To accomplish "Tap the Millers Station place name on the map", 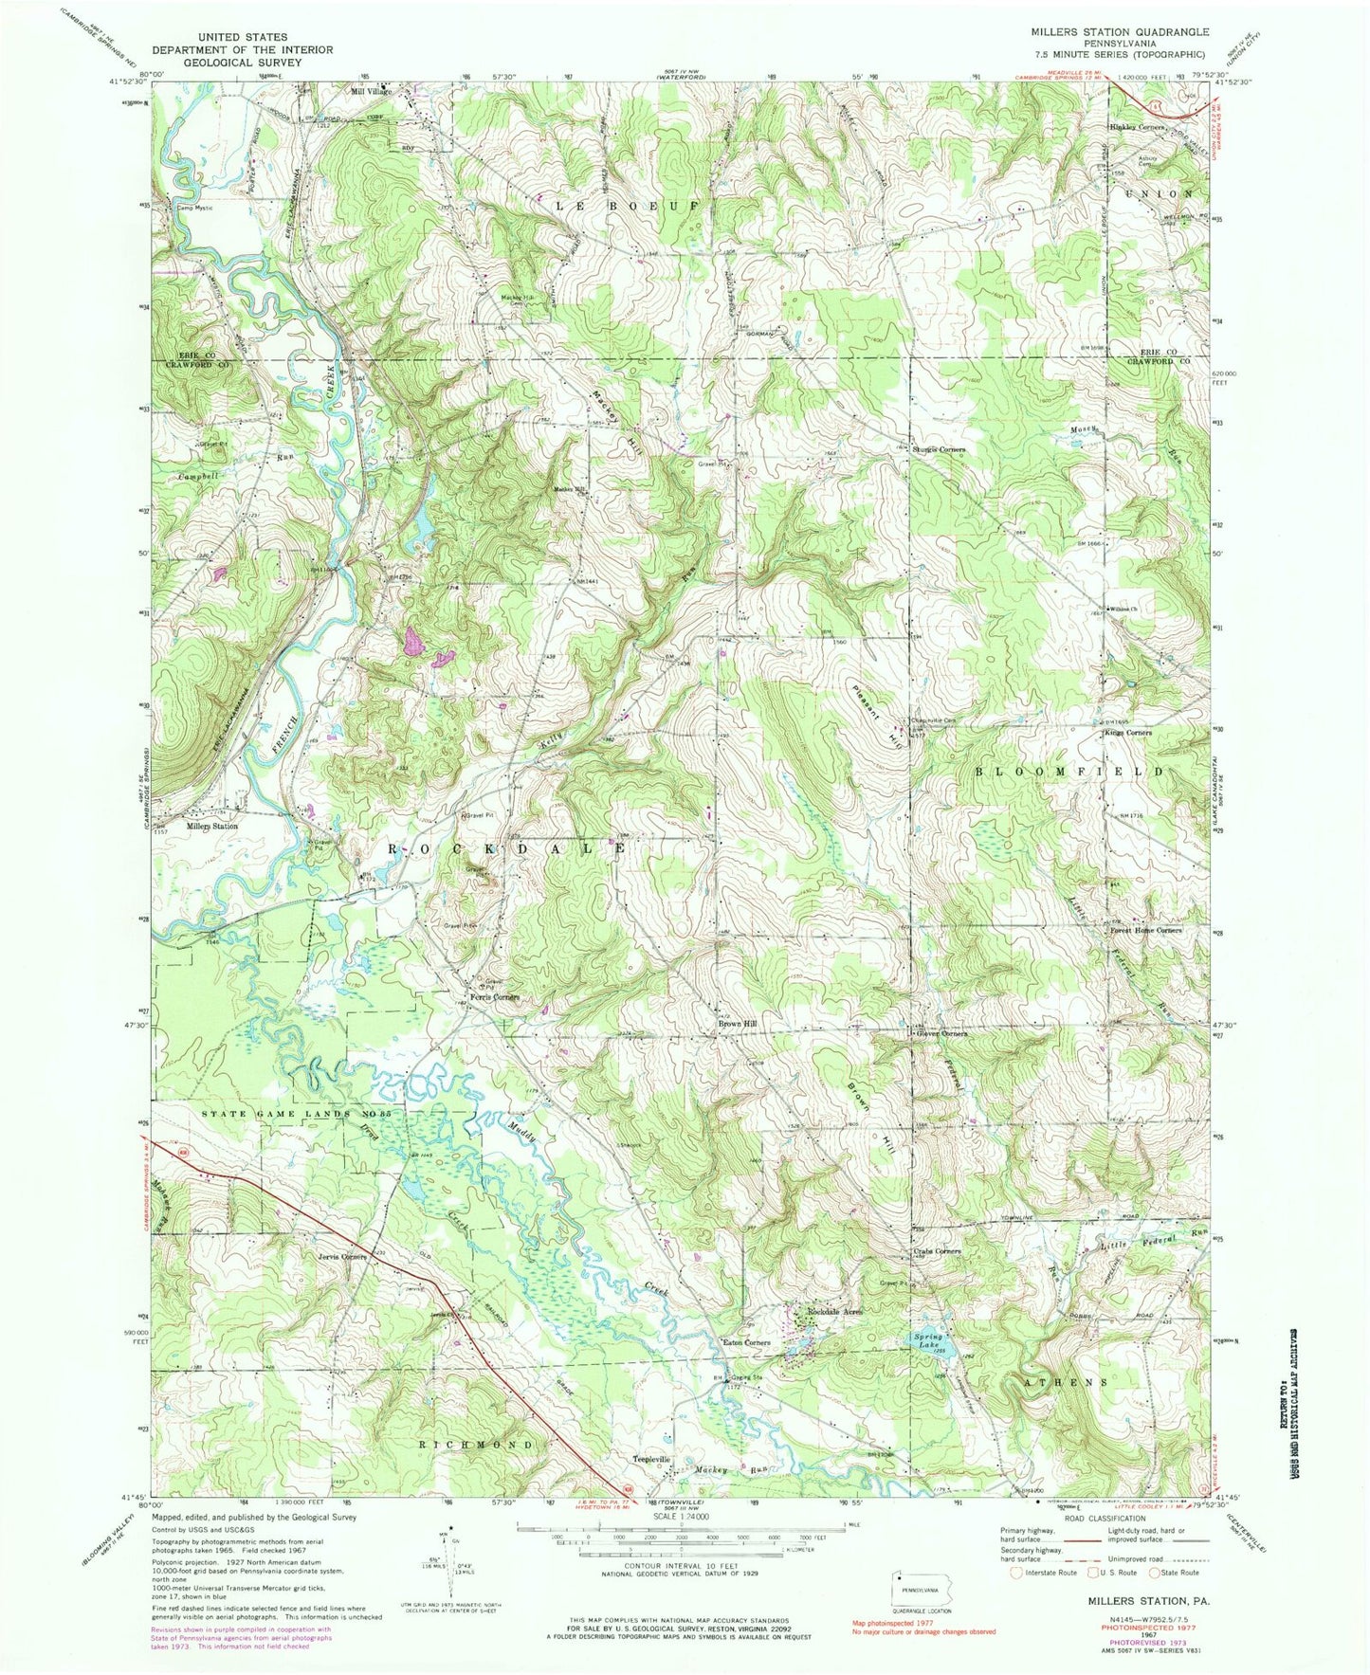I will [x=211, y=826].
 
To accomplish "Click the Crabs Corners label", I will [x=936, y=1251].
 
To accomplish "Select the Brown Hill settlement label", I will [x=737, y=1024].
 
